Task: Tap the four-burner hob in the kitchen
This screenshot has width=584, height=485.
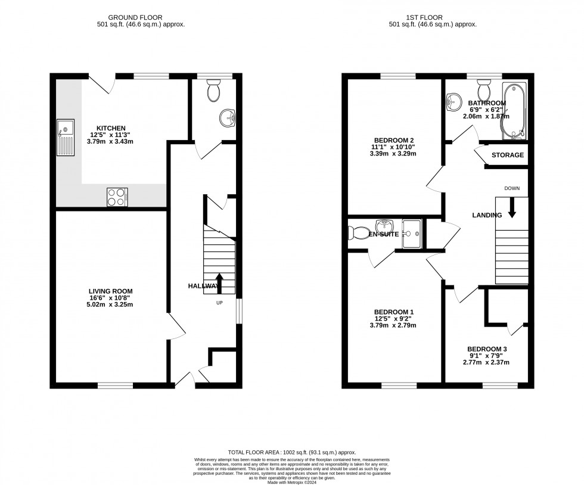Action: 117,197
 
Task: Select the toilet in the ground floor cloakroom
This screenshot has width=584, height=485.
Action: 213,91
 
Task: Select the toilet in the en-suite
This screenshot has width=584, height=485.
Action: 357,232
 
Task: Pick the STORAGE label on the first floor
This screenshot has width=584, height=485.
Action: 508,156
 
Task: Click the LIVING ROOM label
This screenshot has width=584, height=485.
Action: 111,291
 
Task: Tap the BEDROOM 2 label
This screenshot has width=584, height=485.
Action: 390,140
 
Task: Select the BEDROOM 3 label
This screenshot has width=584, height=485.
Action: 487,349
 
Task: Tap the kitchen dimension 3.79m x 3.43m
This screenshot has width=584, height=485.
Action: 111,141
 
